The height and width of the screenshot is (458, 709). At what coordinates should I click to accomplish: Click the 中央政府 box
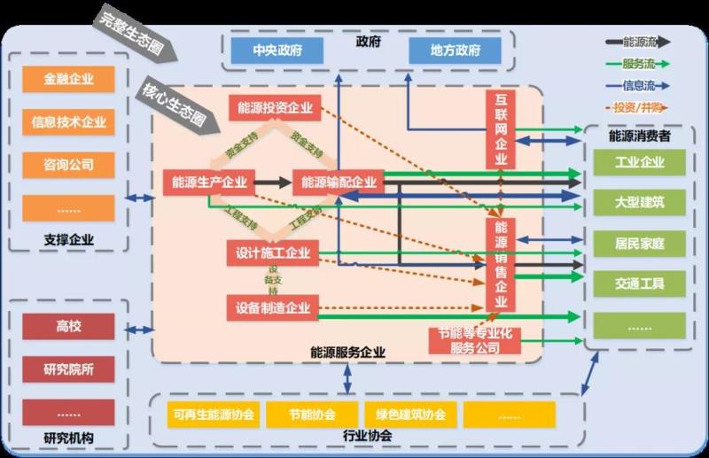tap(277, 50)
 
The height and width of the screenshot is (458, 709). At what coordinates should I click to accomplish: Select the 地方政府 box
tap(456, 50)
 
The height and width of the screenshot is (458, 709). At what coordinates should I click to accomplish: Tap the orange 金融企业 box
tap(69, 79)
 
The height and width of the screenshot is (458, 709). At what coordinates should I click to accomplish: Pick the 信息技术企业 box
tap(69, 121)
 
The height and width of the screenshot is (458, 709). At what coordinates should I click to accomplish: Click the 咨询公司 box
tap(69, 164)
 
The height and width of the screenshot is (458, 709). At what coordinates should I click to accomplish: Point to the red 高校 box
tap(69, 327)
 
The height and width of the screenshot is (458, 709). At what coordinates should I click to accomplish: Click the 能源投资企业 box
tap(275, 108)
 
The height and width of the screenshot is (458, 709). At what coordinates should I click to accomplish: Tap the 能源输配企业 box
tap(339, 182)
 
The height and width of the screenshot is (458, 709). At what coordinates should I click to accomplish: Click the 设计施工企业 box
tap(273, 253)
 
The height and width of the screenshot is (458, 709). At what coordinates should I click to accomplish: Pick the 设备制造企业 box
tap(273, 308)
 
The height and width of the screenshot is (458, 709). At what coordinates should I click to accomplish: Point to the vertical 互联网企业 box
tap(501, 128)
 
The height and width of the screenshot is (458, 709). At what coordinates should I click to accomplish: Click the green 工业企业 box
tap(639, 162)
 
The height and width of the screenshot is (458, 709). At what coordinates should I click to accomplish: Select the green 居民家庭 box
tap(639, 243)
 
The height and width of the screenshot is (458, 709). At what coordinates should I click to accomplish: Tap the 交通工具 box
tap(639, 284)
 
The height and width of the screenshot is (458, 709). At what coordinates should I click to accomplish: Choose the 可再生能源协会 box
tap(214, 415)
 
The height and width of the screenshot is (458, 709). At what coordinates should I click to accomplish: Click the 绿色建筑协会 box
tap(410, 415)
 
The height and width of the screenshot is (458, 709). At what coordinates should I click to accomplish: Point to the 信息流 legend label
tap(639, 86)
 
